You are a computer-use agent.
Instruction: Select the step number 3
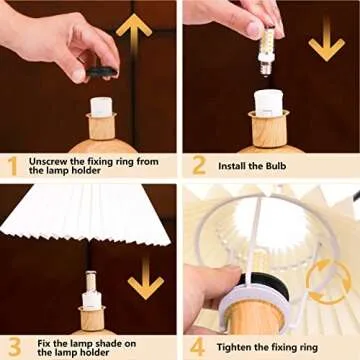(13, 345)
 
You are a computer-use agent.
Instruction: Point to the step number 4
(198, 345)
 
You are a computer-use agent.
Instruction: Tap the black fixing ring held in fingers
(97, 66)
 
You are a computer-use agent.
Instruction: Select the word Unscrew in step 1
(49, 160)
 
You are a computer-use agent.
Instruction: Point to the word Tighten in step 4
(237, 346)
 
